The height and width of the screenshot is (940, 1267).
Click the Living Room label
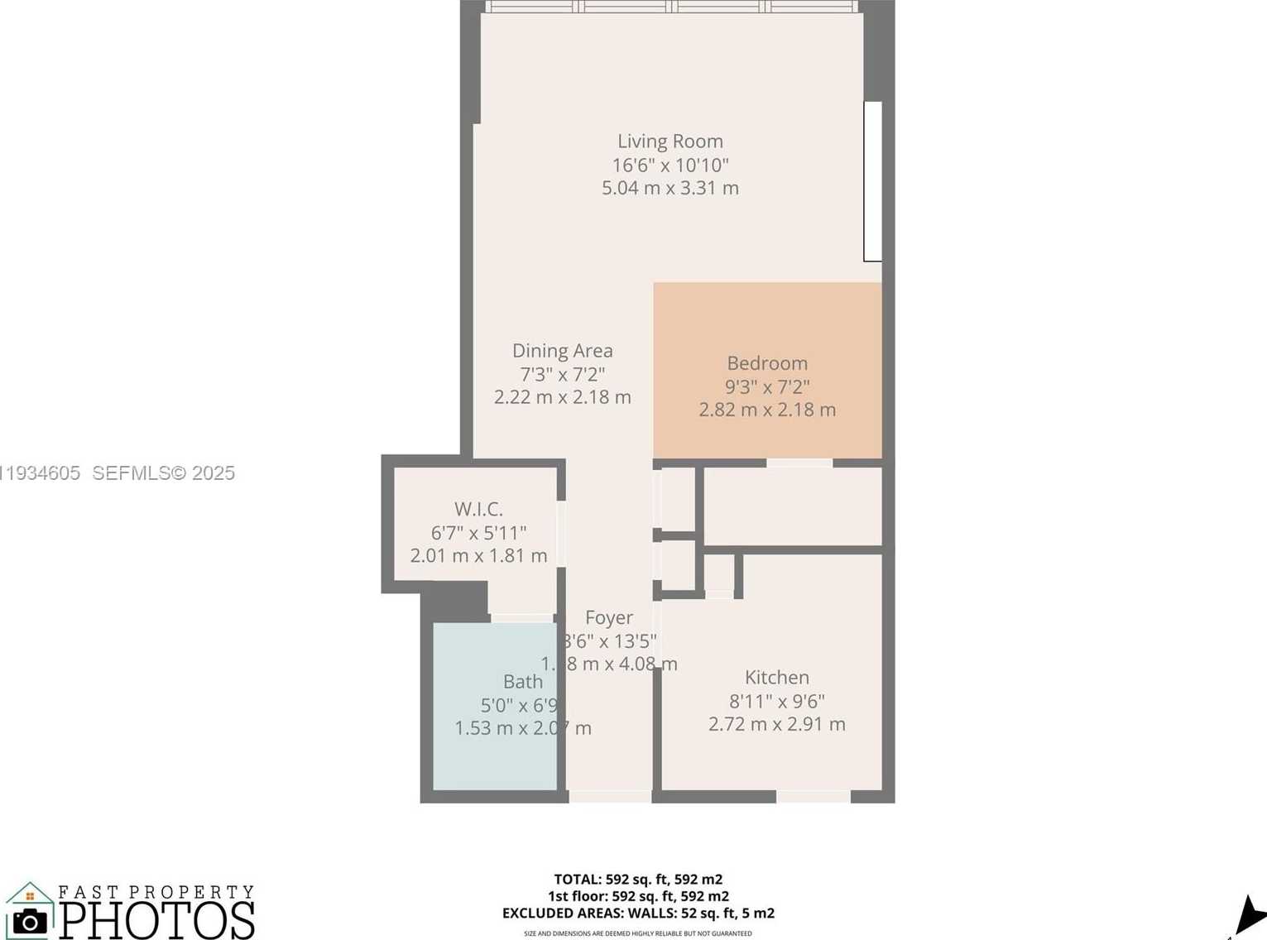point(669,141)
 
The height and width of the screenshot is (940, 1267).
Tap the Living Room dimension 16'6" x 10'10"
point(669,165)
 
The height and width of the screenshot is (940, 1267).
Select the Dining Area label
point(562,351)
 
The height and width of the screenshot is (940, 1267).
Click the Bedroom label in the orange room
point(767,363)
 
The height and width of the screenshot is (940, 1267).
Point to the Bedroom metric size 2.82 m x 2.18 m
point(767,410)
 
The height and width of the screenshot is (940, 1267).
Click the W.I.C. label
point(478,509)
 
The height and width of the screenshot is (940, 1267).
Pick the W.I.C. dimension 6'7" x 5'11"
point(478,533)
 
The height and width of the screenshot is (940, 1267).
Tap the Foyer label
point(608,617)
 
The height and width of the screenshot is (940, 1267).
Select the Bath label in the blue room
point(523,682)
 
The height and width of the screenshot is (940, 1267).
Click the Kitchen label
point(776,678)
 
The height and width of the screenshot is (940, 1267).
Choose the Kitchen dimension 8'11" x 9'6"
point(776,702)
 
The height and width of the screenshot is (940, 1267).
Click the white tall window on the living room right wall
point(872,181)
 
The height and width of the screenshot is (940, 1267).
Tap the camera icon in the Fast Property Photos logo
point(30,920)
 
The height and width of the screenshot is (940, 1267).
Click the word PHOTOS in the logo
point(157,920)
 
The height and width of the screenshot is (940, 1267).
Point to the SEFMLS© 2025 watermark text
point(163,473)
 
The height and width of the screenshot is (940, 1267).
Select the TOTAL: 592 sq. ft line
point(638,880)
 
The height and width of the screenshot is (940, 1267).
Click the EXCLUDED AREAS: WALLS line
point(638,914)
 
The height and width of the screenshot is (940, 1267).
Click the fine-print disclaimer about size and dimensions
point(638,933)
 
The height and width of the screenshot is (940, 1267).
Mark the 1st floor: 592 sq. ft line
point(638,896)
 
